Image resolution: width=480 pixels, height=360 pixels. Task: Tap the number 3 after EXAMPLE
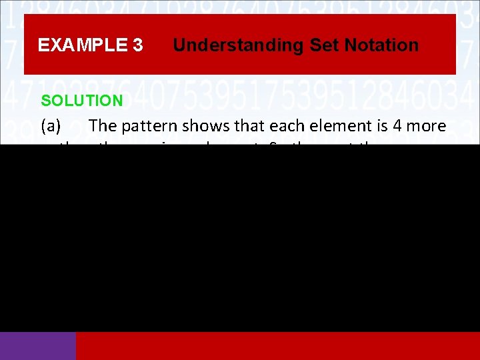click(137, 45)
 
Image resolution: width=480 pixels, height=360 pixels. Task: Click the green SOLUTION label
click(82, 101)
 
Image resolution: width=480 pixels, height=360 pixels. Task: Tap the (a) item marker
click(53, 125)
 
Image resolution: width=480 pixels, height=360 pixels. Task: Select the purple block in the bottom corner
click(38, 345)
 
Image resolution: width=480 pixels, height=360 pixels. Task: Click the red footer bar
click(277, 345)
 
